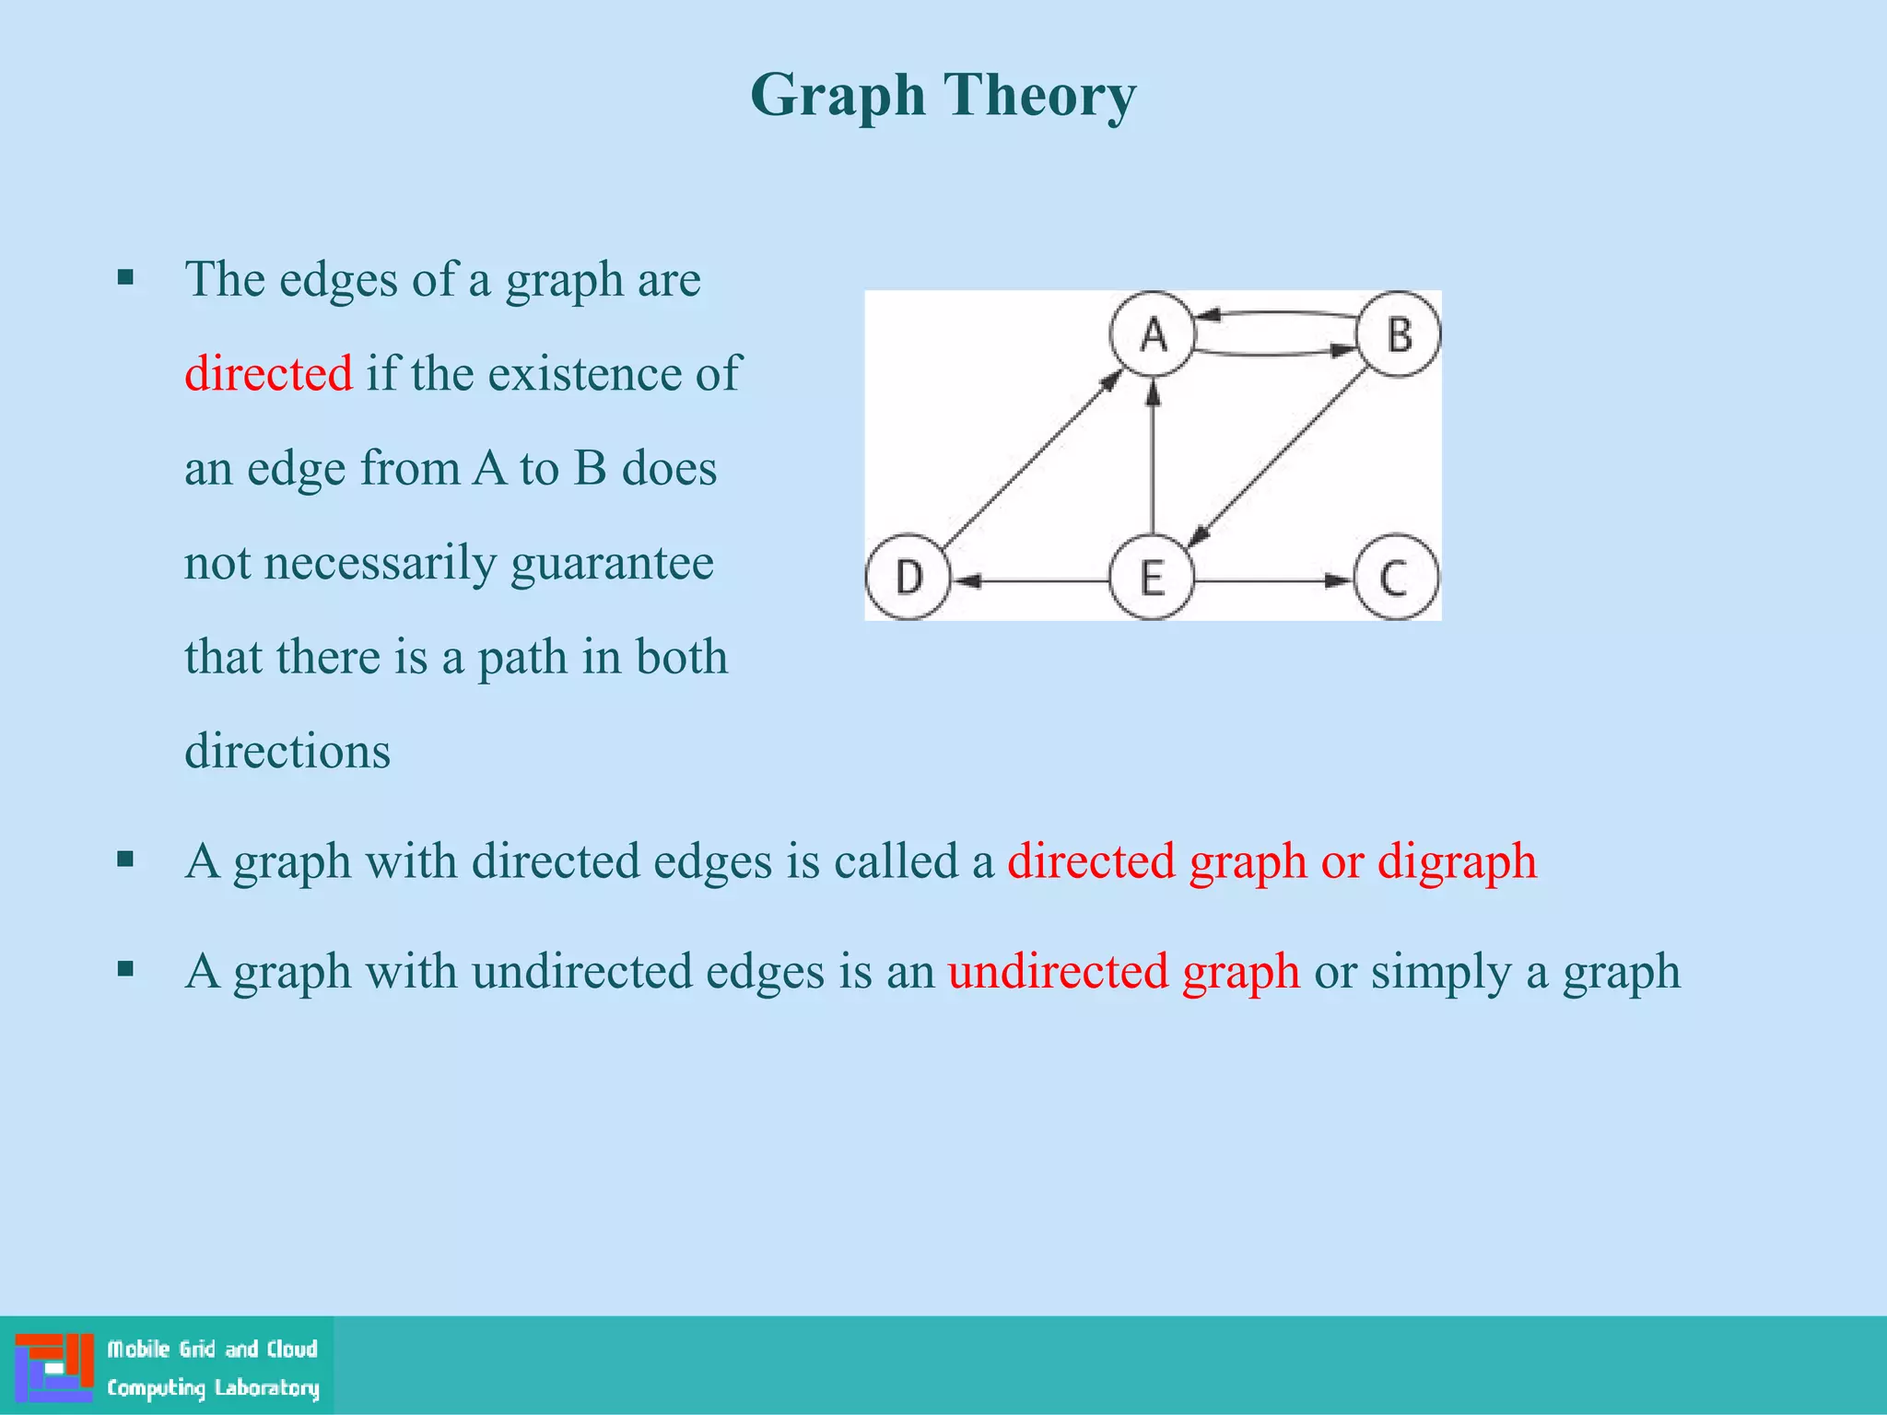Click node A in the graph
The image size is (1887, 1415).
point(1153,333)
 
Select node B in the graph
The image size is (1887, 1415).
point(1400,333)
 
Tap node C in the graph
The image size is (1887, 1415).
point(1395,578)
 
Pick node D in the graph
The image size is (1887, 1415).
point(908,578)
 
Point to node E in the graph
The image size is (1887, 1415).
point(1152,578)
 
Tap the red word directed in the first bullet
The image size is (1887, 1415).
point(268,374)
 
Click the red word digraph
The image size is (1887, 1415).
point(1457,862)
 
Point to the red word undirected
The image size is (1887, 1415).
point(1059,972)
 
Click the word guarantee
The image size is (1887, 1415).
point(612,563)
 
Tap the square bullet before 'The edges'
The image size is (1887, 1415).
point(126,277)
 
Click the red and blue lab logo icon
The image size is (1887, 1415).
point(54,1366)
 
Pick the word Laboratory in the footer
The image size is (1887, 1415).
point(267,1387)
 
